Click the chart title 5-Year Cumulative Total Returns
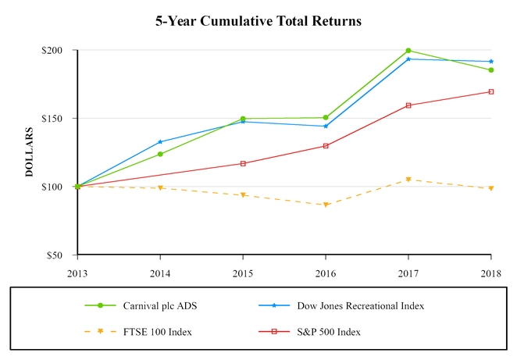tap(258, 21)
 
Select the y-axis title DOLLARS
tap(30, 153)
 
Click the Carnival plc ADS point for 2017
tap(408, 51)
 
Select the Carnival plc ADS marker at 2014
tap(160, 154)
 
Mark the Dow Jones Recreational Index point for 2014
tap(160, 142)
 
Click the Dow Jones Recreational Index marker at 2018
tap(490, 62)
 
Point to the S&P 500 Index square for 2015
tap(243, 163)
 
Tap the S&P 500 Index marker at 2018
tap(490, 92)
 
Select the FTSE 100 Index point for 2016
tap(326, 205)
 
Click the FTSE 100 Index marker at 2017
tap(408, 180)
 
